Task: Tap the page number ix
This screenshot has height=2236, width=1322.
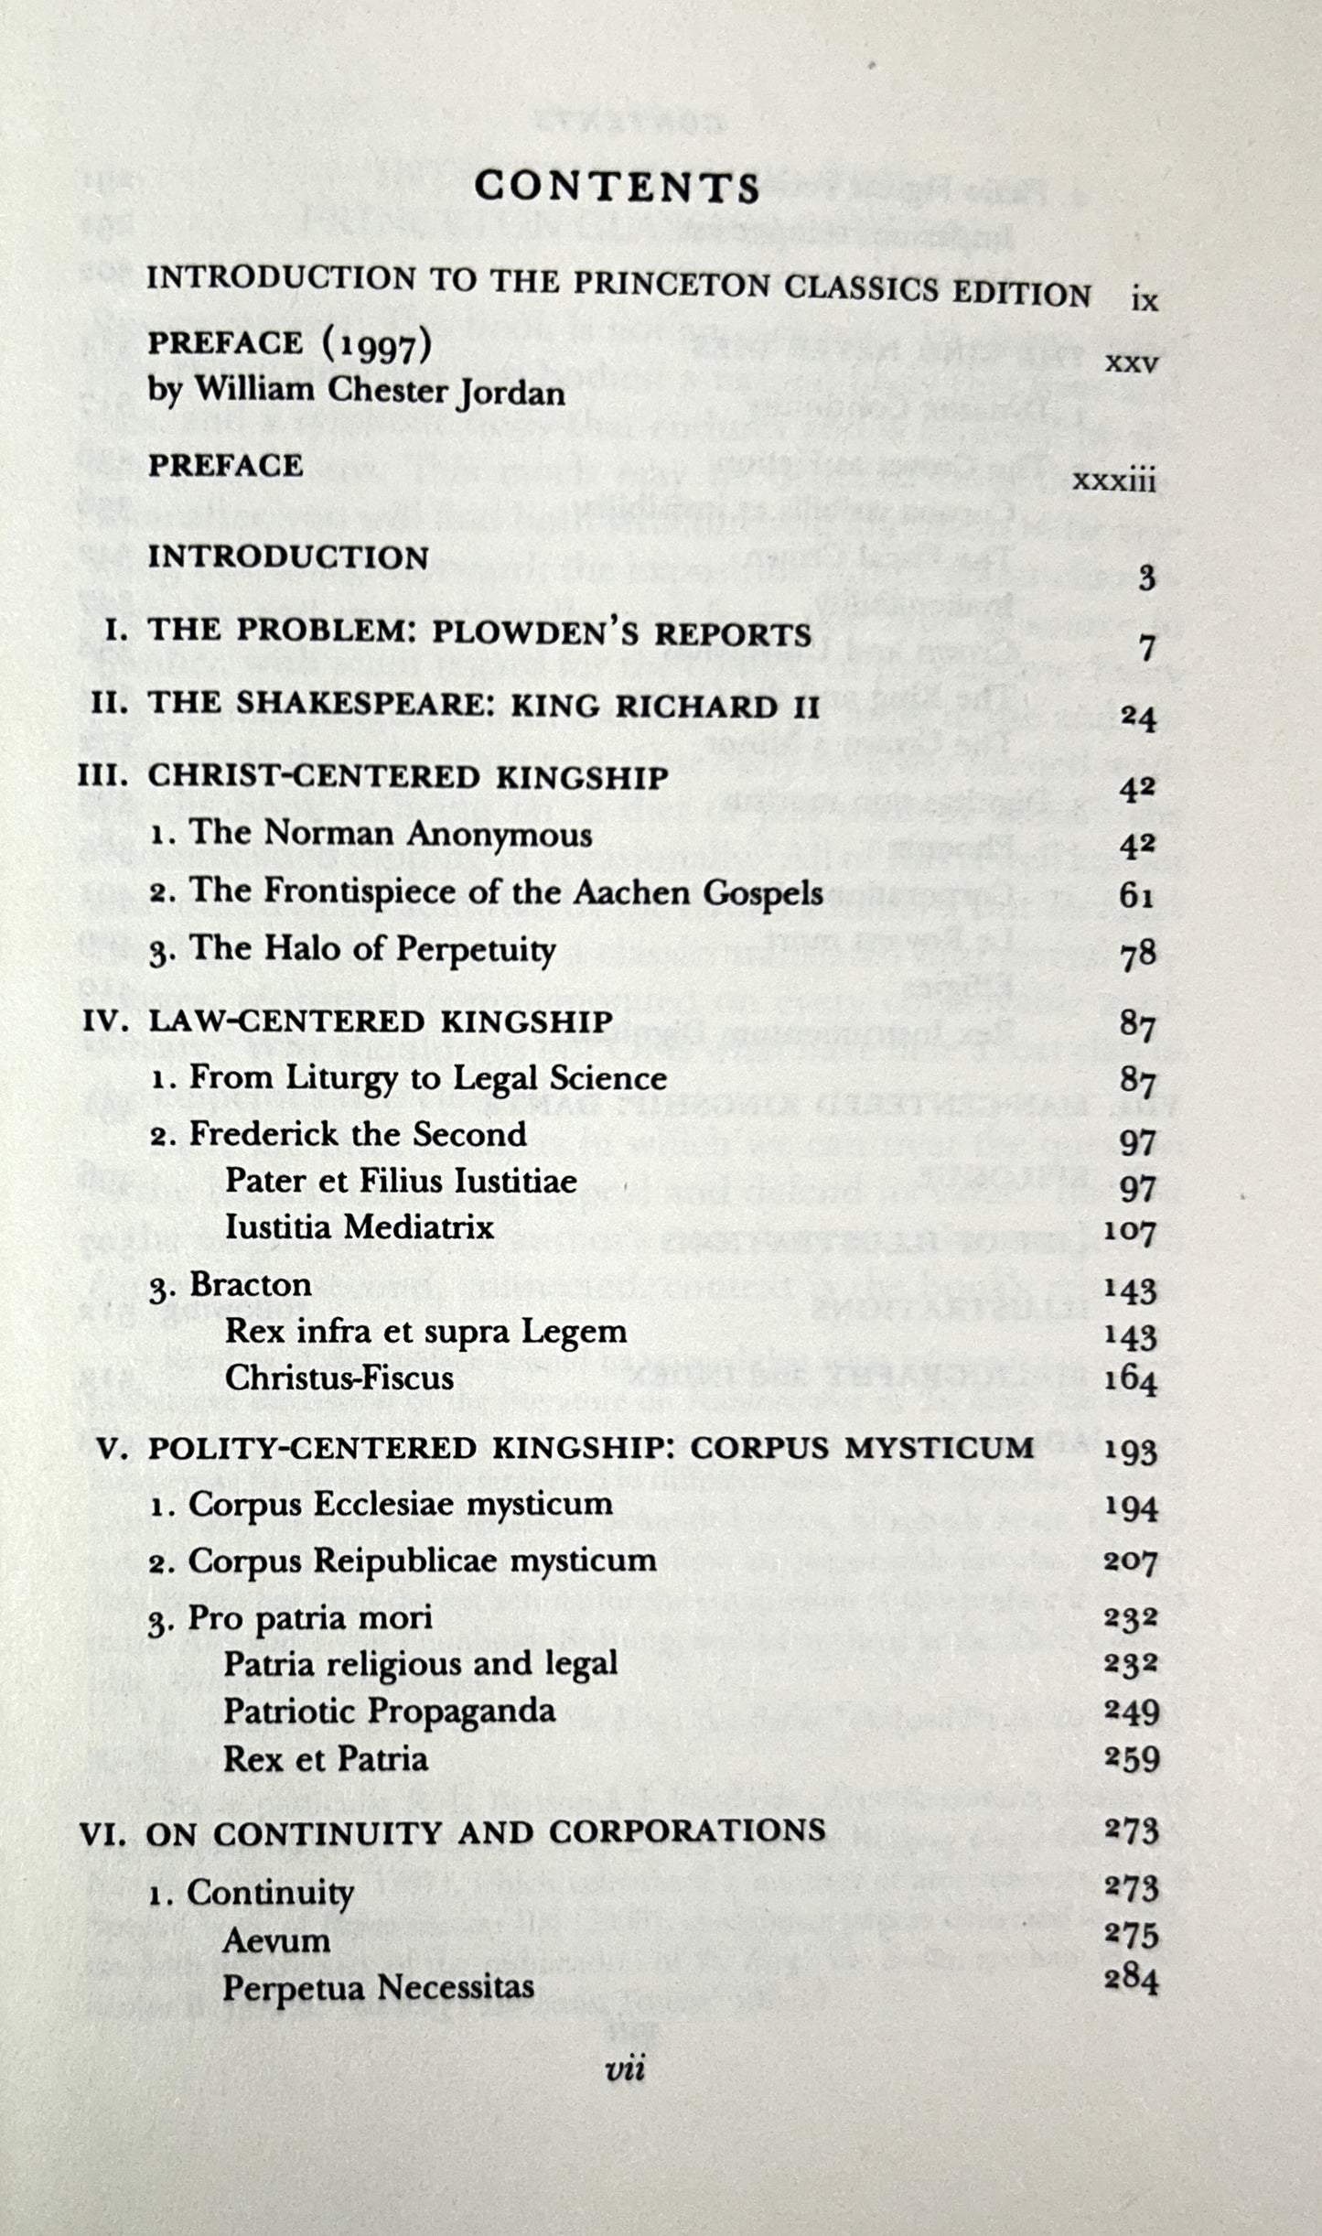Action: point(1144,299)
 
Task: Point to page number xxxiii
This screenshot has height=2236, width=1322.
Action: point(1113,480)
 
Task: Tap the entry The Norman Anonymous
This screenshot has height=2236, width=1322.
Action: point(390,835)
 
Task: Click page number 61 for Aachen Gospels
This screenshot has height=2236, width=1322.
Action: point(1137,895)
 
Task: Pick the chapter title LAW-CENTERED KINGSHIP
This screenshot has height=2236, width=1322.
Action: point(380,1021)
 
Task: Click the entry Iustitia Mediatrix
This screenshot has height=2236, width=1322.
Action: point(360,1226)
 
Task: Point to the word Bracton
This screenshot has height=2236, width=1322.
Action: point(250,1284)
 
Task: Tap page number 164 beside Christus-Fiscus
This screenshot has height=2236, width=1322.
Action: point(1131,1382)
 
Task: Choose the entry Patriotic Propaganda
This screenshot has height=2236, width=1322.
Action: point(390,1711)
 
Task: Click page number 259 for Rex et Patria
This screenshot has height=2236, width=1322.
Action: point(1132,1759)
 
